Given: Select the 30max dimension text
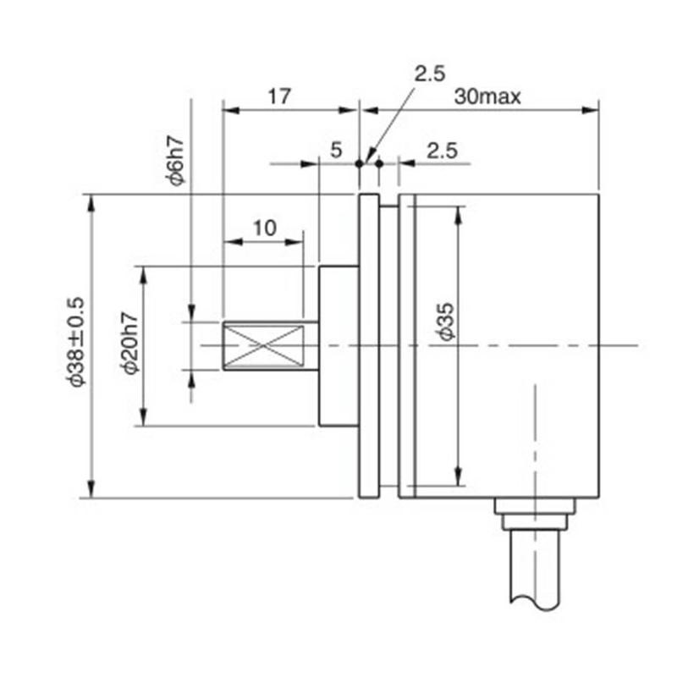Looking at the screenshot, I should (x=487, y=96).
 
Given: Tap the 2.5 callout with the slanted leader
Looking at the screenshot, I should (x=429, y=74).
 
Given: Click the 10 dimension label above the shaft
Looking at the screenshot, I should (x=264, y=228).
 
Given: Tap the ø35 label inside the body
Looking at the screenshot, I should (x=447, y=322).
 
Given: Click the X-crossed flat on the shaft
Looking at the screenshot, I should (x=262, y=345).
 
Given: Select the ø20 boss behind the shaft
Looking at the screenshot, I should (x=338, y=345).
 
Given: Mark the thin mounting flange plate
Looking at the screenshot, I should (x=369, y=345).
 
